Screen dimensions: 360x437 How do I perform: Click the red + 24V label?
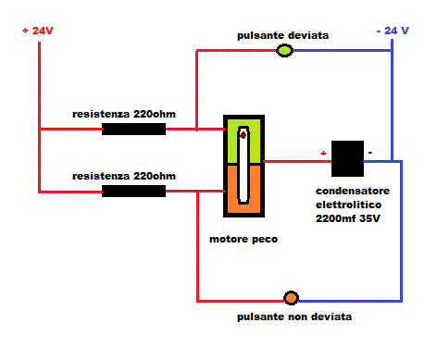(x=38, y=30)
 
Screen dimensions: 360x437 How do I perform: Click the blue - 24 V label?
(x=393, y=31)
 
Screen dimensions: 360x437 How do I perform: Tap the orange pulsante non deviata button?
(x=291, y=298)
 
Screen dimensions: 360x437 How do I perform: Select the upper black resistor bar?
(x=133, y=129)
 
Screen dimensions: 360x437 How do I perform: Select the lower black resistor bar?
(x=133, y=191)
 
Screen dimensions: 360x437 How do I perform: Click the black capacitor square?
(x=346, y=158)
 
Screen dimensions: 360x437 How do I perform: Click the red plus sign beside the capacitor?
(x=323, y=153)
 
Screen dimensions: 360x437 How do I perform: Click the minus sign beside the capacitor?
(x=370, y=151)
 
